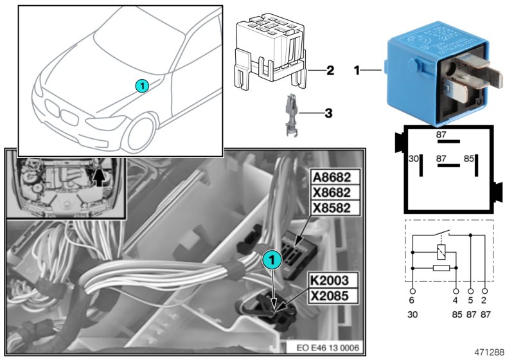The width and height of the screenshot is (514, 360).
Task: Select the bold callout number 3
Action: pyautogui.click(x=328, y=114)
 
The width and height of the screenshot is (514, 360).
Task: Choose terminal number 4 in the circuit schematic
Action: pyautogui.click(x=456, y=298)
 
